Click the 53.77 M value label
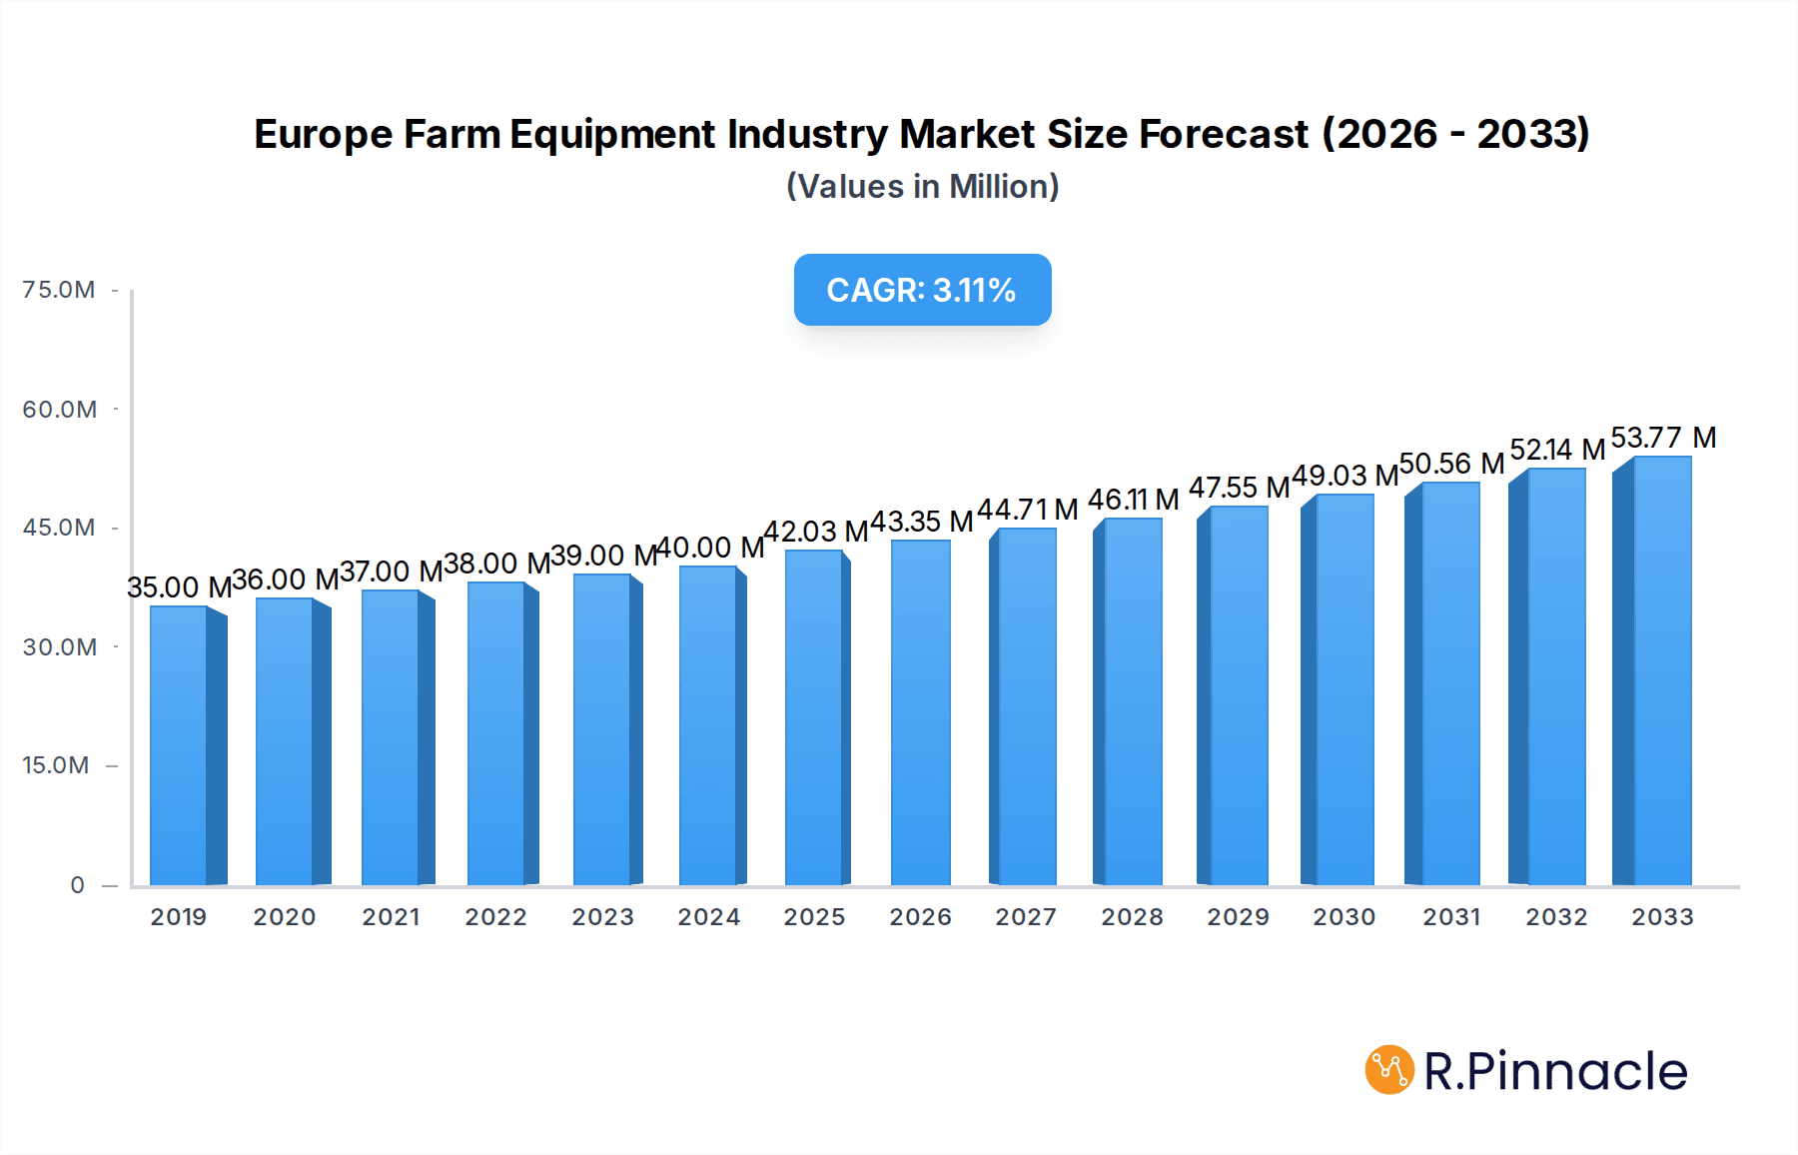pyautogui.click(x=1663, y=438)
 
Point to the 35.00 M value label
pyautogui.click(x=179, y=587)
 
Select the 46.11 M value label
pyautogui.click(x=1133, y=500)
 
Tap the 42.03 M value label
pyautogui.click(x=815, y=532)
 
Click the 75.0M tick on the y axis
pyautogui.click(x=59, y=290)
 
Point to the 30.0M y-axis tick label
pyautogui.click(x=59, y=647)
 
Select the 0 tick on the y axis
pyautogui.click(x=77, y=885)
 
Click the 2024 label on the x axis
pyautogui.click(x=709, y=917)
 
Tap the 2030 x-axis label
pyautogui.click(x=1345, y=917)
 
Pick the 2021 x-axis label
pyautogui.click(x=392, y=917)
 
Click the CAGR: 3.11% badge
pyautogui.click(x=922, y=290)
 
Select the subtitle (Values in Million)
pyautogui.click(x=922, y=187)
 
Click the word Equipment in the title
pyautogui.click(x=612, y=134)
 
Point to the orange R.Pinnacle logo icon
pyautogui.click(x=1389, y=1070)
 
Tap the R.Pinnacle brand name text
pyautogui.click(x=1555, y=1071)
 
